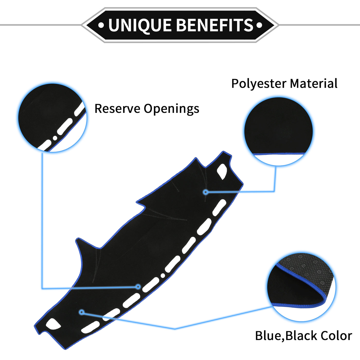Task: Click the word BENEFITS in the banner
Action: [x=215, y=25]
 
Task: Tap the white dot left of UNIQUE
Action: [x=101, y=25]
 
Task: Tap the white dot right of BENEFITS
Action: [x=259, y=25]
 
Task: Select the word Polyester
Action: [x=259, y=84]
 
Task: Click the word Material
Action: [x=314, y=84]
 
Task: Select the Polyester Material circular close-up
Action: [x=278, y=131]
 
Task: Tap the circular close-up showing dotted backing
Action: [x=301, y=287]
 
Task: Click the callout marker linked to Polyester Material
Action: [x=205, y=192]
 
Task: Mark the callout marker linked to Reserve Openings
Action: [x=138, y=286]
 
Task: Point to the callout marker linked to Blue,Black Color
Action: [x=82, y=312]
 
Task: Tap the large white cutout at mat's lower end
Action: [x=53, y=324]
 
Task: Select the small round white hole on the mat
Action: [x=163, y=276]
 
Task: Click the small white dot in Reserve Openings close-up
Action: [x=55, y=138]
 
